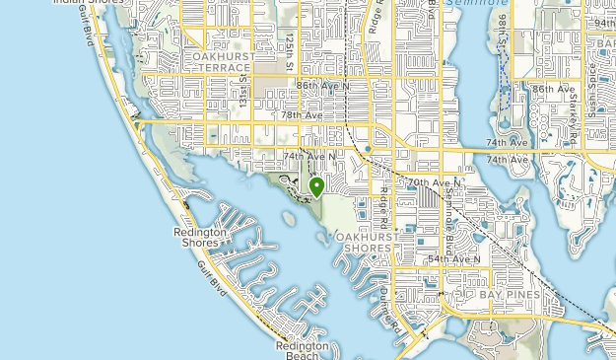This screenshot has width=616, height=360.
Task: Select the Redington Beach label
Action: coord(302,350)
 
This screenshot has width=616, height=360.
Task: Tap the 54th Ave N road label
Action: coord(453,259)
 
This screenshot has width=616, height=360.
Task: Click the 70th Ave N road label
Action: coord(434,183)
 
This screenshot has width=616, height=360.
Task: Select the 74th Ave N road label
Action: coord(309,156)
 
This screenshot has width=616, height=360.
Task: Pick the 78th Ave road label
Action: coord(302,115)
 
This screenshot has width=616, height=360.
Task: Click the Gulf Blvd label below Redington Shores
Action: coord(211,279)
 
